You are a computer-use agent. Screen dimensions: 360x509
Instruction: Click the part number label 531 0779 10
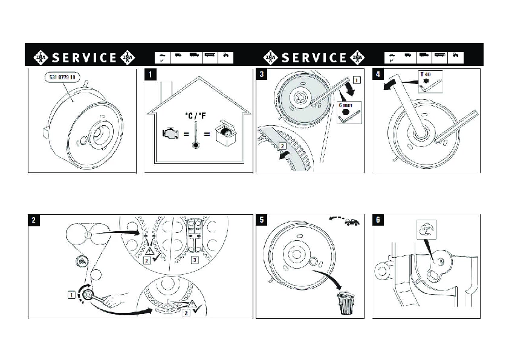point(64,79)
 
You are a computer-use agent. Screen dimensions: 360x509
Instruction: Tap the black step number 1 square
point(150,75)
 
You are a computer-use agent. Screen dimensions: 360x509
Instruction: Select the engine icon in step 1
point(170,134)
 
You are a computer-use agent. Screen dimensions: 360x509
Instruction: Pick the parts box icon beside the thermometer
point(225,134)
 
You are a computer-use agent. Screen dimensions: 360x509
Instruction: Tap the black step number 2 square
point(33,220)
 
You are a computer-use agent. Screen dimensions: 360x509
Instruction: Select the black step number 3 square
point(261,75)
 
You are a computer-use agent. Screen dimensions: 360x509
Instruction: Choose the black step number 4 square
point(378,75)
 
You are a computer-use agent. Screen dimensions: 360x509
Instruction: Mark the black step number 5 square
point(261,220)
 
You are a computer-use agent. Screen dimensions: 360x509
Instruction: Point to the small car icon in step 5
point(351,222)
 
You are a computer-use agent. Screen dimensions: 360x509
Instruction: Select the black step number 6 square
point(378,220)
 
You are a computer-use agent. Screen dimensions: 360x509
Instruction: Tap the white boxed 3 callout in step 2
point(195,260)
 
